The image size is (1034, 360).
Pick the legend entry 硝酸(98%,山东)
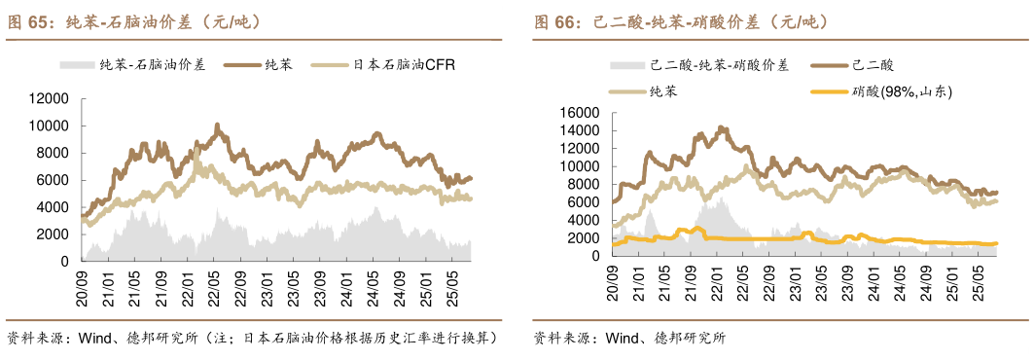coord(900,91)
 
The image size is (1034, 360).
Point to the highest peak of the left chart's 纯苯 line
coord(216,125)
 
